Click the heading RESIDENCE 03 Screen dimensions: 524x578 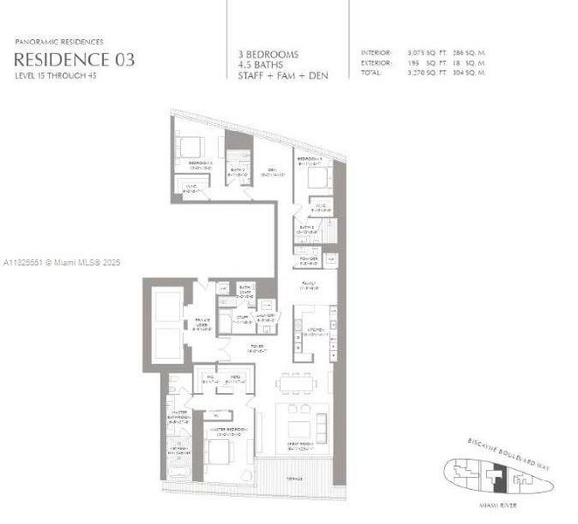click(73, 59)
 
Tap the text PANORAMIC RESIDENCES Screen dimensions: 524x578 click(58, 41)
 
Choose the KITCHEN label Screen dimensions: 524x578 click(315, 330)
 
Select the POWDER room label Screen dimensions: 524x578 click(308, 258)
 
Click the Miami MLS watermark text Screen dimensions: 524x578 click(62, 262)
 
